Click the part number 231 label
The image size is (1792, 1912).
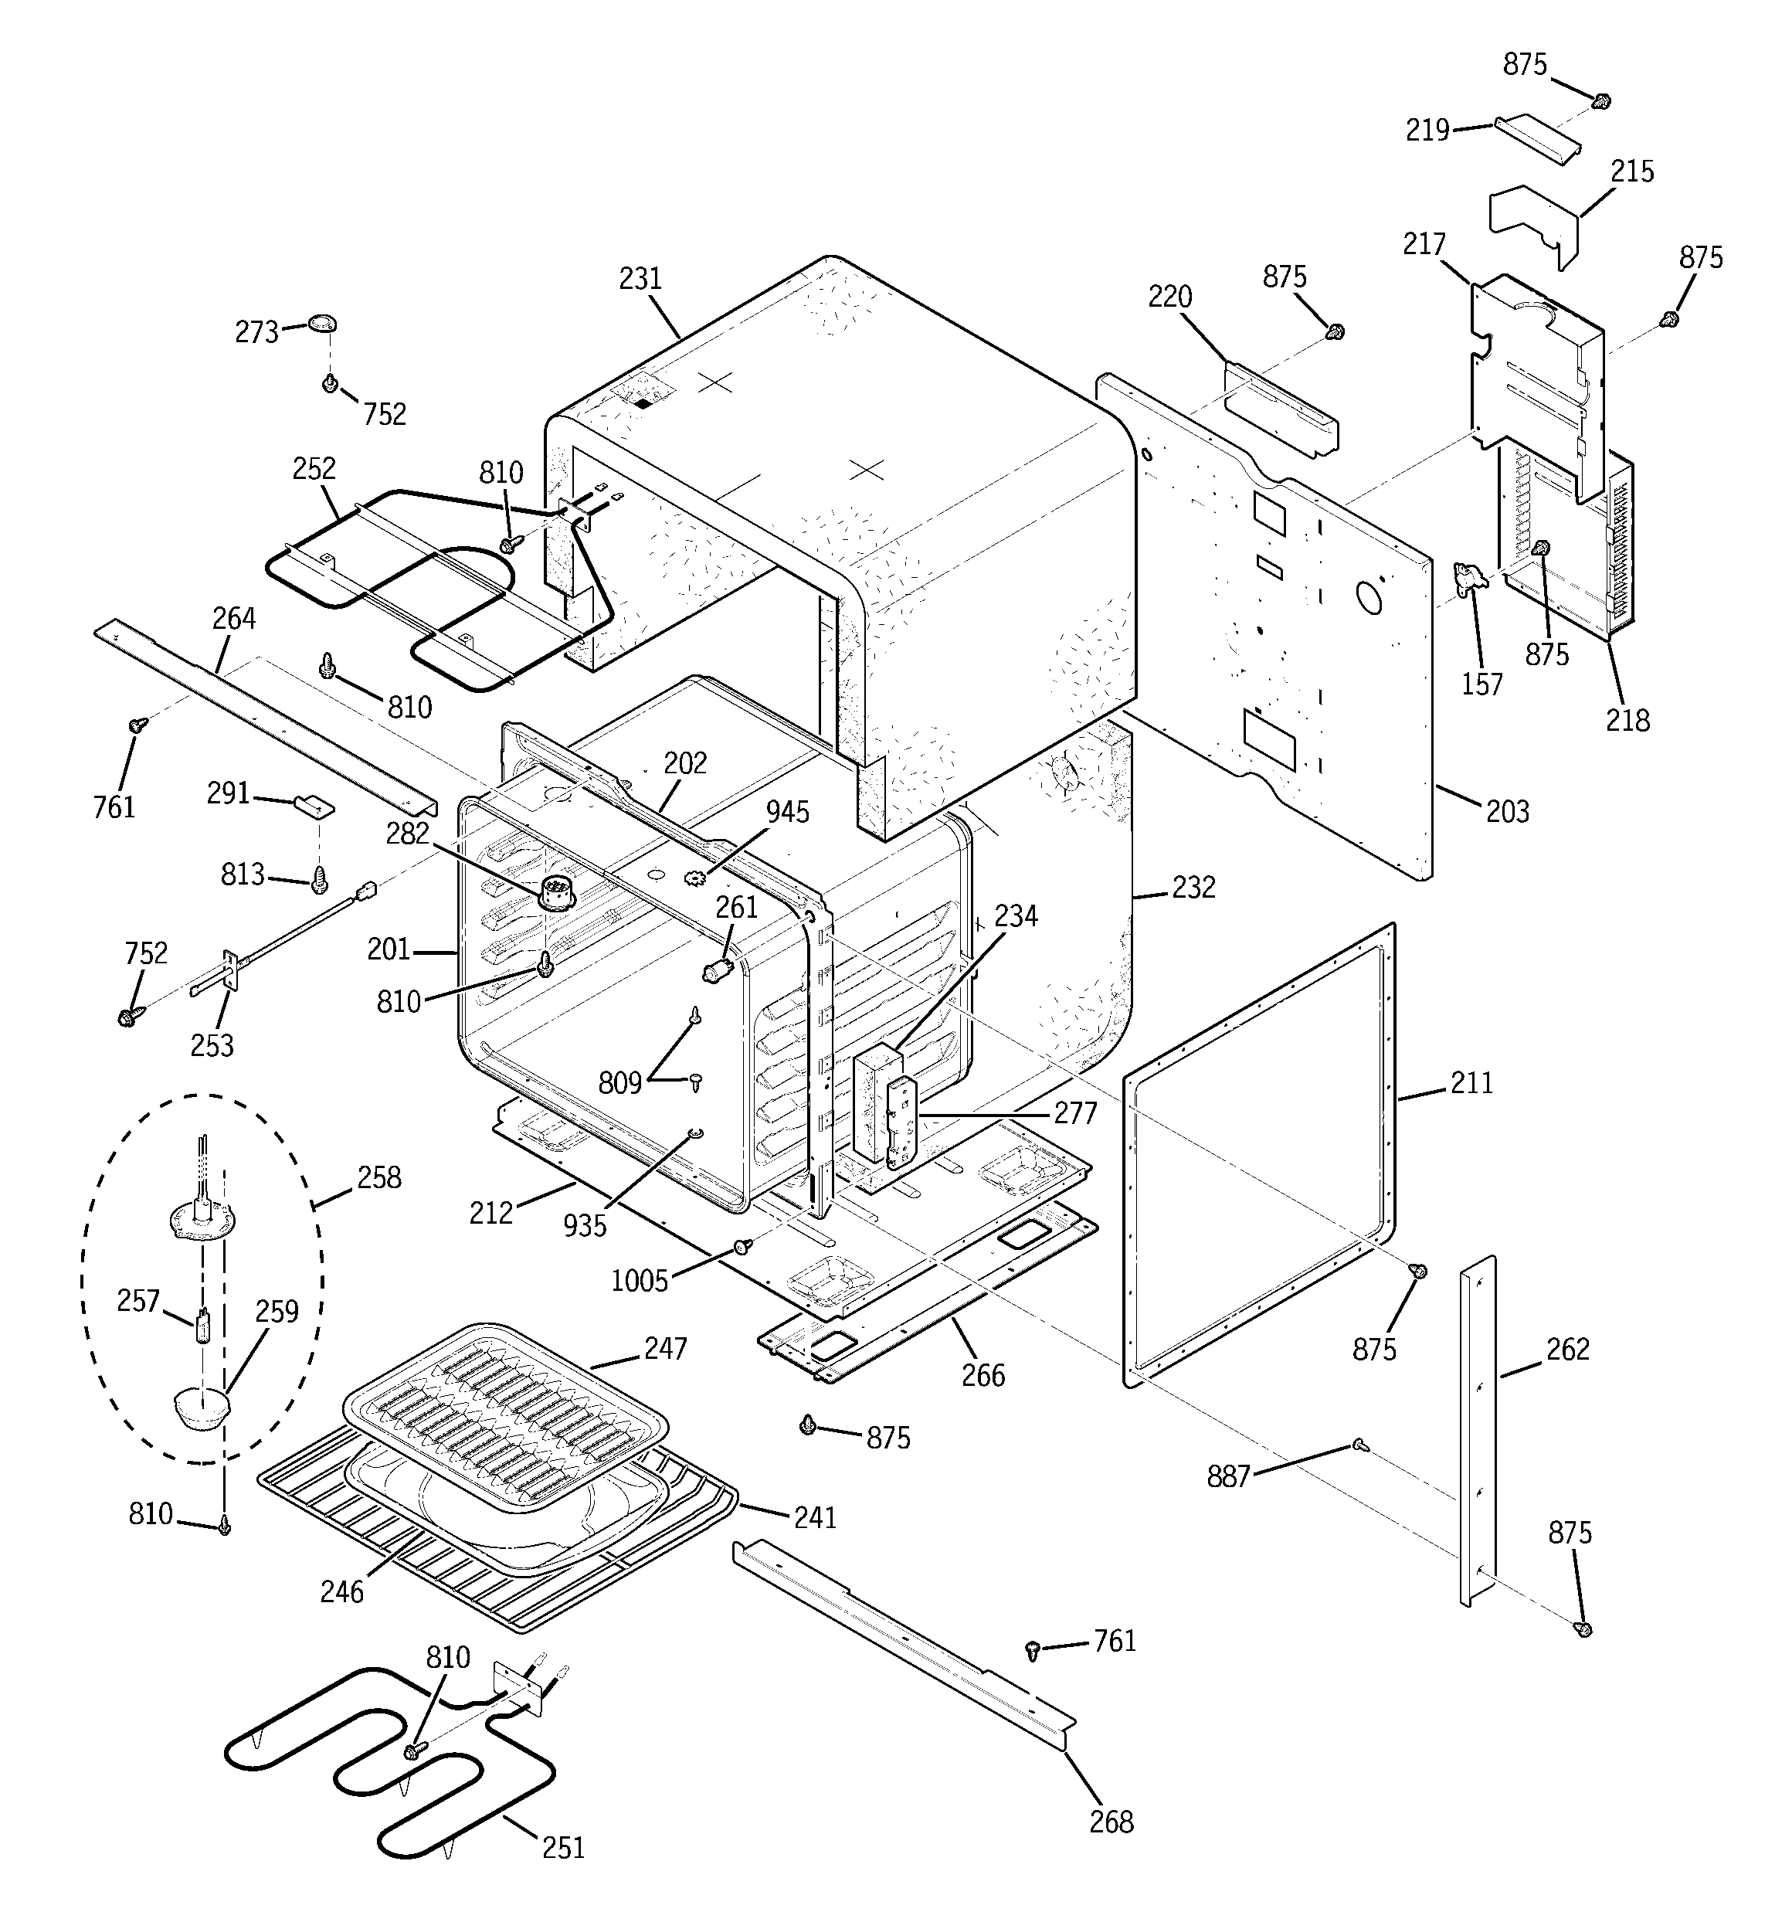[640, 279]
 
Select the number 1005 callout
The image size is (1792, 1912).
[640, 1280]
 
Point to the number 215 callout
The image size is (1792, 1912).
[1632, 172]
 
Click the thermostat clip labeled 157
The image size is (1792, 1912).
[1470, 580]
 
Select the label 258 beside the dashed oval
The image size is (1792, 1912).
[379, 1177]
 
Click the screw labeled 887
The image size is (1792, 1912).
[1358, 1444]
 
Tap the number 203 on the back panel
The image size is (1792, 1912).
[1506, 812]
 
